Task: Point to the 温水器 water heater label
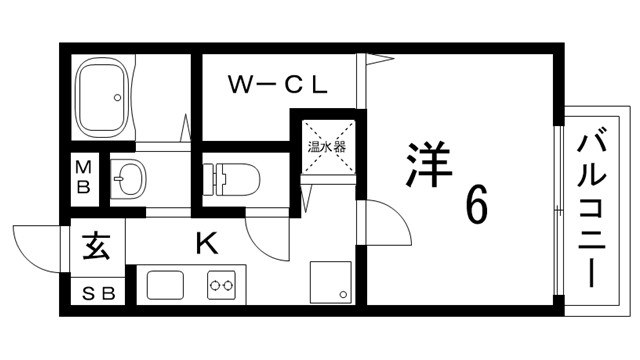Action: click(x=326, y=146)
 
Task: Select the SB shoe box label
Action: click(x=98, y=292)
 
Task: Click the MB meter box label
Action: click(x=85, y=179)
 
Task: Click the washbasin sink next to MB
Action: click(x=130, y=181)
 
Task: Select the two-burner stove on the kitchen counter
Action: click(x=222, y=286)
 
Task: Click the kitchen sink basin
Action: click(x=166, y=286)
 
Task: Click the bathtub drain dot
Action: click(x=119, y=98)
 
